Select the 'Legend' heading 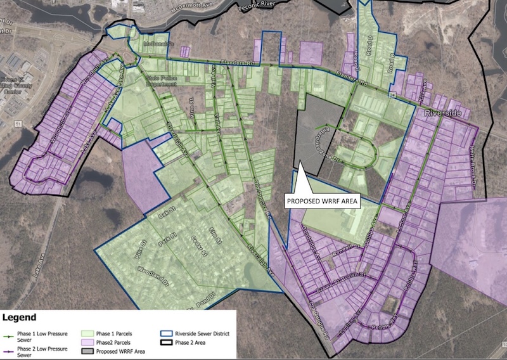[x=20, y=317]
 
